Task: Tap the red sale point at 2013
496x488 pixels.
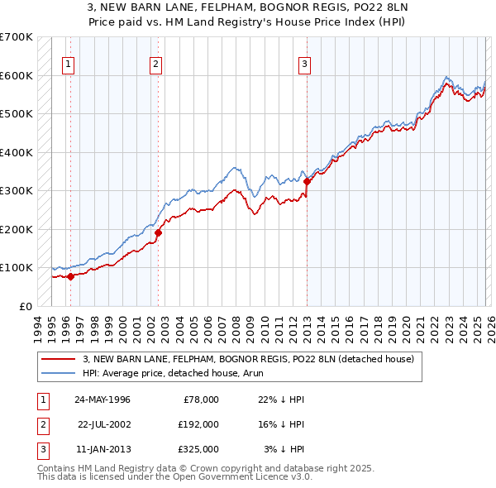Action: click(307, 181)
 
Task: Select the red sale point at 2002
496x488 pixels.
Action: click(159, 232)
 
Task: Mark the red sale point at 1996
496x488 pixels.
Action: click(71, 276)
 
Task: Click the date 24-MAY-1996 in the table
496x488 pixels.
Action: click(103, 399)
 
